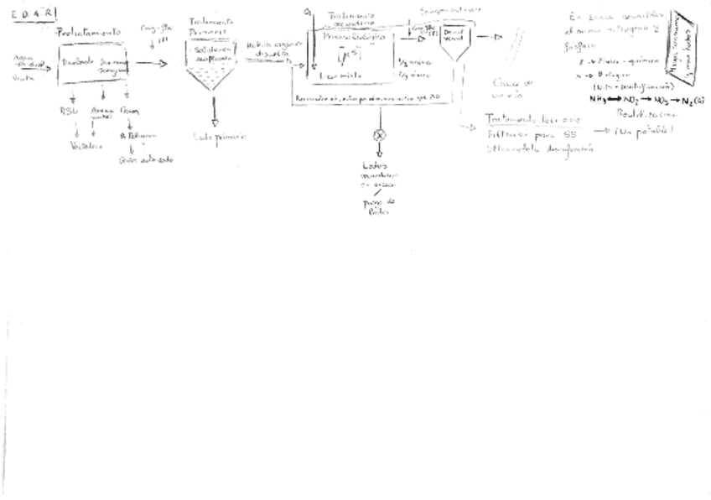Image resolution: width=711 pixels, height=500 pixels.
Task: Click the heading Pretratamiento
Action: pos(88,32)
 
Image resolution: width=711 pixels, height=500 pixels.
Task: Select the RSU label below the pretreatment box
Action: pos(68,112)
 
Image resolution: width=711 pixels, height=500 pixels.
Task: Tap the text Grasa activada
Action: pos(146,160)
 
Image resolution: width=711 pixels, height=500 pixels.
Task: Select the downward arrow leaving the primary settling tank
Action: pos(215,109)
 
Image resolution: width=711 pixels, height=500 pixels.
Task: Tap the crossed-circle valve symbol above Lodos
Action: pos(379,135)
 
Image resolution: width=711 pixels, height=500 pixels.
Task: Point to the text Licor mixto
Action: pos(340,76)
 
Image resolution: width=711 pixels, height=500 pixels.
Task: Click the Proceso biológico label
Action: pos(355,38)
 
